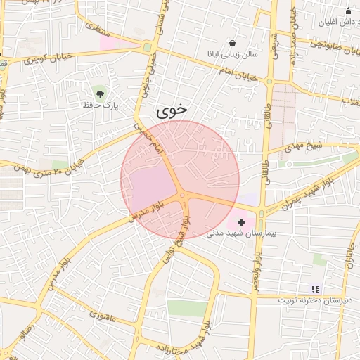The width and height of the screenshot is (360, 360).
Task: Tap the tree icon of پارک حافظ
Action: (101, 92)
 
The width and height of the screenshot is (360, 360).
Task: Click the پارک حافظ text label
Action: (100, 105)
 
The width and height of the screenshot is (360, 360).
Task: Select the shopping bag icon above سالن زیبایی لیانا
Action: (232, 42)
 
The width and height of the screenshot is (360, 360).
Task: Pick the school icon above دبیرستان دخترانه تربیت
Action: (315, 288)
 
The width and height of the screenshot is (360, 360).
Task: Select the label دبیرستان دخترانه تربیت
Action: (314, 300)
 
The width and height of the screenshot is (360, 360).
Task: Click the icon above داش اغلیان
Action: (347, 11)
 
